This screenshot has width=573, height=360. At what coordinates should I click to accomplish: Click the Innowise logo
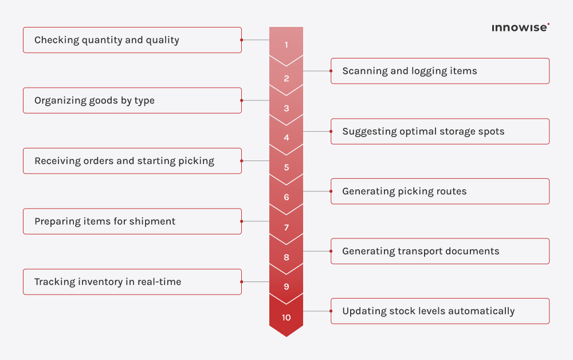point(520,27)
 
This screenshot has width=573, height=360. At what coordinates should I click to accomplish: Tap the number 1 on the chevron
point(286,45)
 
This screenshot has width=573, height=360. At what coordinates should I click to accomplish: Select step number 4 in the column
point(286,138)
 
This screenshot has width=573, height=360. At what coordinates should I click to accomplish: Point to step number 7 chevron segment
point(286,228)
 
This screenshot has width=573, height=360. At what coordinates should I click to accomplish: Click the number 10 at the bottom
point(286,318)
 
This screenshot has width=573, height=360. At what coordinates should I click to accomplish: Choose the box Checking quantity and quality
point(132,40)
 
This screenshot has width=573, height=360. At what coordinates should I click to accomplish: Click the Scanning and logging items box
point(439,71)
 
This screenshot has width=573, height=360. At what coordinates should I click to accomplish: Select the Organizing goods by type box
point(132,100)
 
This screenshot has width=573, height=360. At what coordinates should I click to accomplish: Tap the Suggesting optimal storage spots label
point(423,131)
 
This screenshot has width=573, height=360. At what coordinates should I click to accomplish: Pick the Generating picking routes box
point(439,191)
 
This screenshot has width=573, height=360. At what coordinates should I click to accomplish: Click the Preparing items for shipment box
point(132,221)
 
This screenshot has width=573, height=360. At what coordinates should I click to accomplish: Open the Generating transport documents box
point(439,251)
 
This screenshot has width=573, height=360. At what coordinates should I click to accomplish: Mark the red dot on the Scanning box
point(331,71)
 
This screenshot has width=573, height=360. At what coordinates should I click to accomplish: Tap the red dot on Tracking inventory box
point(241,282)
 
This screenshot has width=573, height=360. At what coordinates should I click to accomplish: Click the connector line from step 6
point(317,191)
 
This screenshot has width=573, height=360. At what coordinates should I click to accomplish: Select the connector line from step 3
point(256,100)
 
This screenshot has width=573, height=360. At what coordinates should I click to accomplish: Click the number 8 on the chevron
point(286,257)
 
